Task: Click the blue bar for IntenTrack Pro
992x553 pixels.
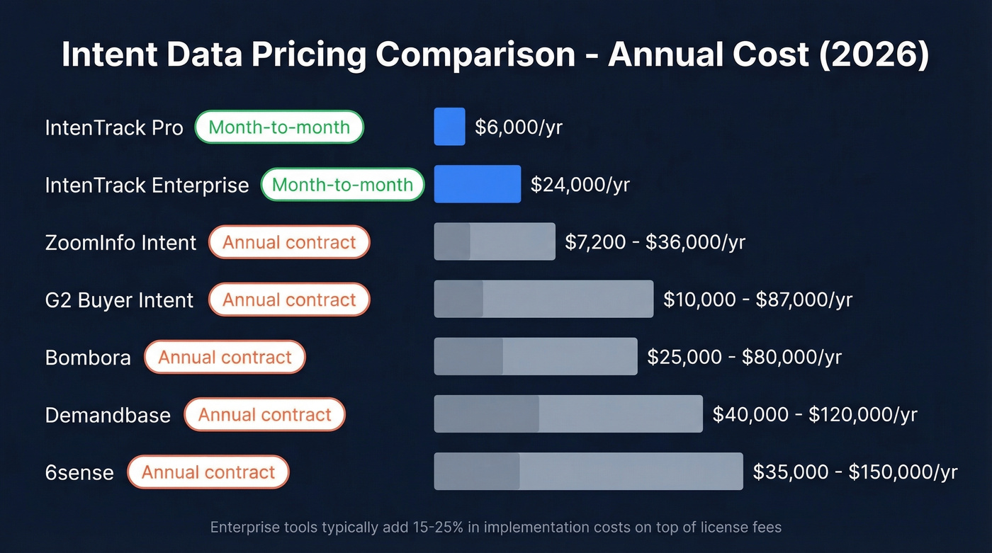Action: [x=449, y=127]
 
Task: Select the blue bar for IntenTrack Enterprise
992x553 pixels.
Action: [x=477, y=184]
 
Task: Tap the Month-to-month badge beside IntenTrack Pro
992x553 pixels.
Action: [x=279, y=127]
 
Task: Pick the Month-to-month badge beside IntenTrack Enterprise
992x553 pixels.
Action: [x=342, y=185]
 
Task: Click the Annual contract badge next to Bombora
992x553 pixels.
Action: [x=225, y=358]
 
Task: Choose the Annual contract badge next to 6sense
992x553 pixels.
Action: [x=208, y=472]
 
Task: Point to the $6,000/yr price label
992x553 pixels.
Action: [x=519, y=127]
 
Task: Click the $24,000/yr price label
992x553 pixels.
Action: [x=580, y=185]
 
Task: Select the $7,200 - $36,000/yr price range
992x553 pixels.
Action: [x=655, y=242]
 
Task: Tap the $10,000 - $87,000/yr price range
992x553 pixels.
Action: [x=757, y=300]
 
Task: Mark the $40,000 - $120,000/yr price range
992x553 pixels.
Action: [x=814, y=414]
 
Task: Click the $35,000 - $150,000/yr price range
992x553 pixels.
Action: [x=855, y=472]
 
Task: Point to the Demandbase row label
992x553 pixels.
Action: [x=108, y=415]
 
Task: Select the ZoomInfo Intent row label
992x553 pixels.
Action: [x=120, y=243]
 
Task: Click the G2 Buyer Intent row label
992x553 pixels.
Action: [x=119, y=300]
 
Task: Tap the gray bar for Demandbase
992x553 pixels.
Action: [x=568, y=414]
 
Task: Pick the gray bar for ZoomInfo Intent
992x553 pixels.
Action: [x=494, y=242]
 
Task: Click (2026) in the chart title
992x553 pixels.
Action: [x=873, y=55]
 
